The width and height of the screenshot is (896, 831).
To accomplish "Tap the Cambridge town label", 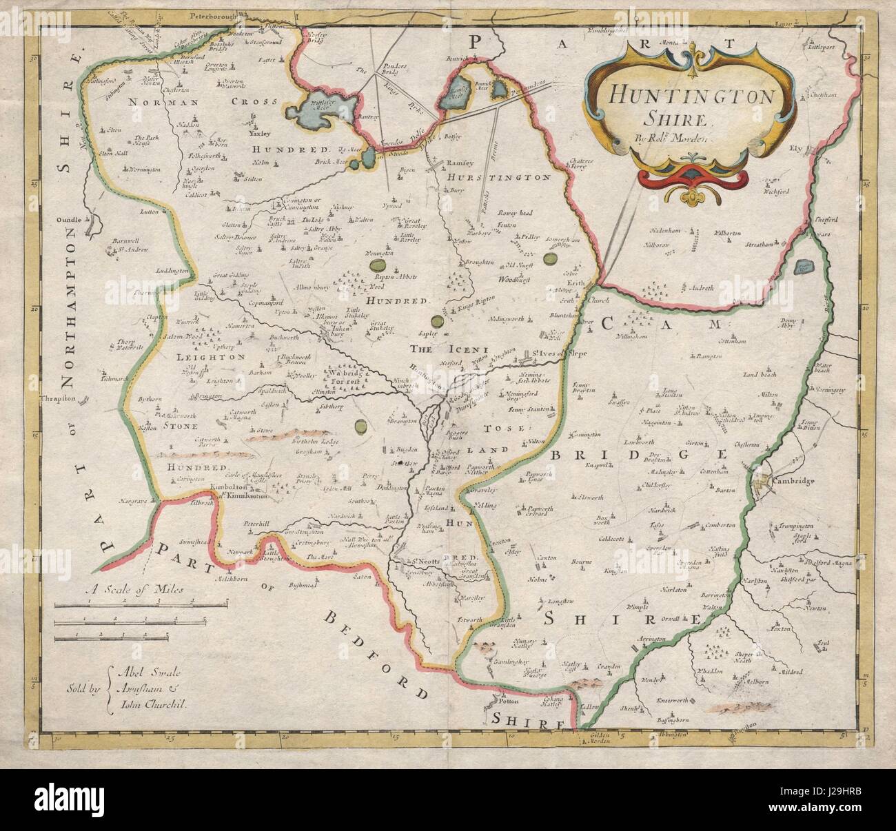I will (x=793, y=480).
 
